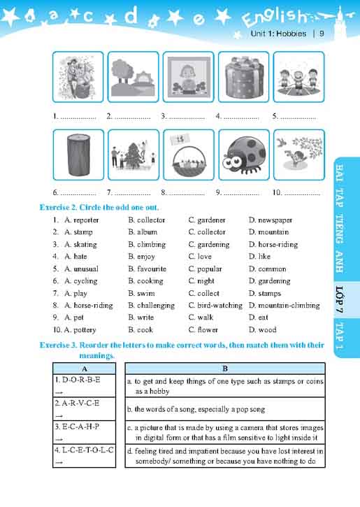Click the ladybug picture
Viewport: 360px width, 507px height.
(x=244, y=154)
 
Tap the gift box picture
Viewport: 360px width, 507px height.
(x=244, y=77)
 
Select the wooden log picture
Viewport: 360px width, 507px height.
(x=78, y=155)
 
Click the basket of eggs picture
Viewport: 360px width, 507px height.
(x=189, y=154)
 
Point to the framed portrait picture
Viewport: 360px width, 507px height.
(x=189, y=77)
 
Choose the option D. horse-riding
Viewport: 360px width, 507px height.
(x=273, y=245)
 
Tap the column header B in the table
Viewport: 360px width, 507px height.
(x=224, y=368)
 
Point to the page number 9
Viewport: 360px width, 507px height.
(x=322, y=34)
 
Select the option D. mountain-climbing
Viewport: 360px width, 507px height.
(x=285, y=306)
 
